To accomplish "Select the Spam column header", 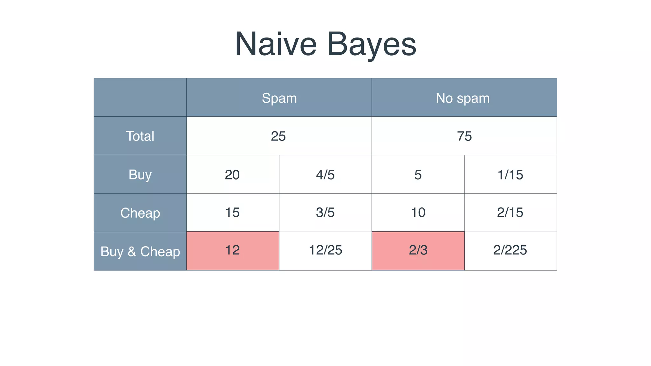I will click(x=279, y=98).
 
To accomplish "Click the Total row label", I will click(x=140, y=136).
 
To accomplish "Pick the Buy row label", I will click(x=140, y=174).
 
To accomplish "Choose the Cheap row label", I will click(x=140, y=213).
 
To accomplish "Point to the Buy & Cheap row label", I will click(x=140, y=251).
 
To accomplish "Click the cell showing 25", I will click(x=278, y=136).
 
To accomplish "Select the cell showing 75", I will click(x=464, y=136).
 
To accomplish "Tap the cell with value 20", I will click(x=232, y=175).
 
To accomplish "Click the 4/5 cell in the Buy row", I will click(x=325, y=175).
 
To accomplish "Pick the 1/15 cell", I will click(x=510, y=175).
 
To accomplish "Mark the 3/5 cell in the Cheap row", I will click(x=325, y=213).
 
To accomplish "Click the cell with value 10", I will click(x=418, y=213).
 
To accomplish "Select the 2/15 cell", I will click(x=510, y=213).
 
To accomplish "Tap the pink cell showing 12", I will click(x=232, y=250).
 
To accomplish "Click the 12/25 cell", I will click(x=325, y=250).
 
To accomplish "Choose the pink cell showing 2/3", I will click(x=418, y=250).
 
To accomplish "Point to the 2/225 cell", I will click(x=510, y=250).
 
